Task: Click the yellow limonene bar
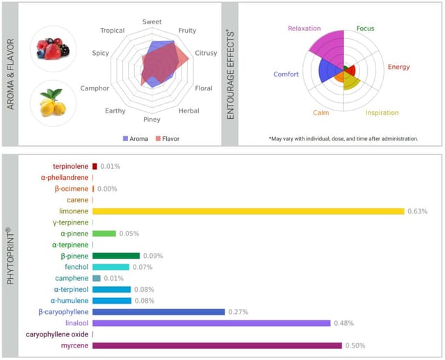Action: [x=248, y=211]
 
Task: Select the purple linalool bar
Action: [x=211, y=322]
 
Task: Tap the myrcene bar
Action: [x=217, y=345]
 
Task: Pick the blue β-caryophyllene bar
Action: [x=159, y=311]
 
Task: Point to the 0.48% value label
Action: [x=344, y=323]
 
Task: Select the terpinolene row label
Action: [x=70, y=167]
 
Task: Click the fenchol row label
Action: [x=76, y=267]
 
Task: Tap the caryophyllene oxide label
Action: [x=57, y=334]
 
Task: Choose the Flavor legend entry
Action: [x=165, y=138]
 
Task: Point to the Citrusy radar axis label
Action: [x=207, y=52]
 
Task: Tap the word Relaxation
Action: [x=304, y=28]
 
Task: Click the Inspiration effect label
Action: [x=382, y=113]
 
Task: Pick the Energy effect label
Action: [x=398, y=67]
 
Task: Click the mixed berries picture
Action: [x=54, y=49]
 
